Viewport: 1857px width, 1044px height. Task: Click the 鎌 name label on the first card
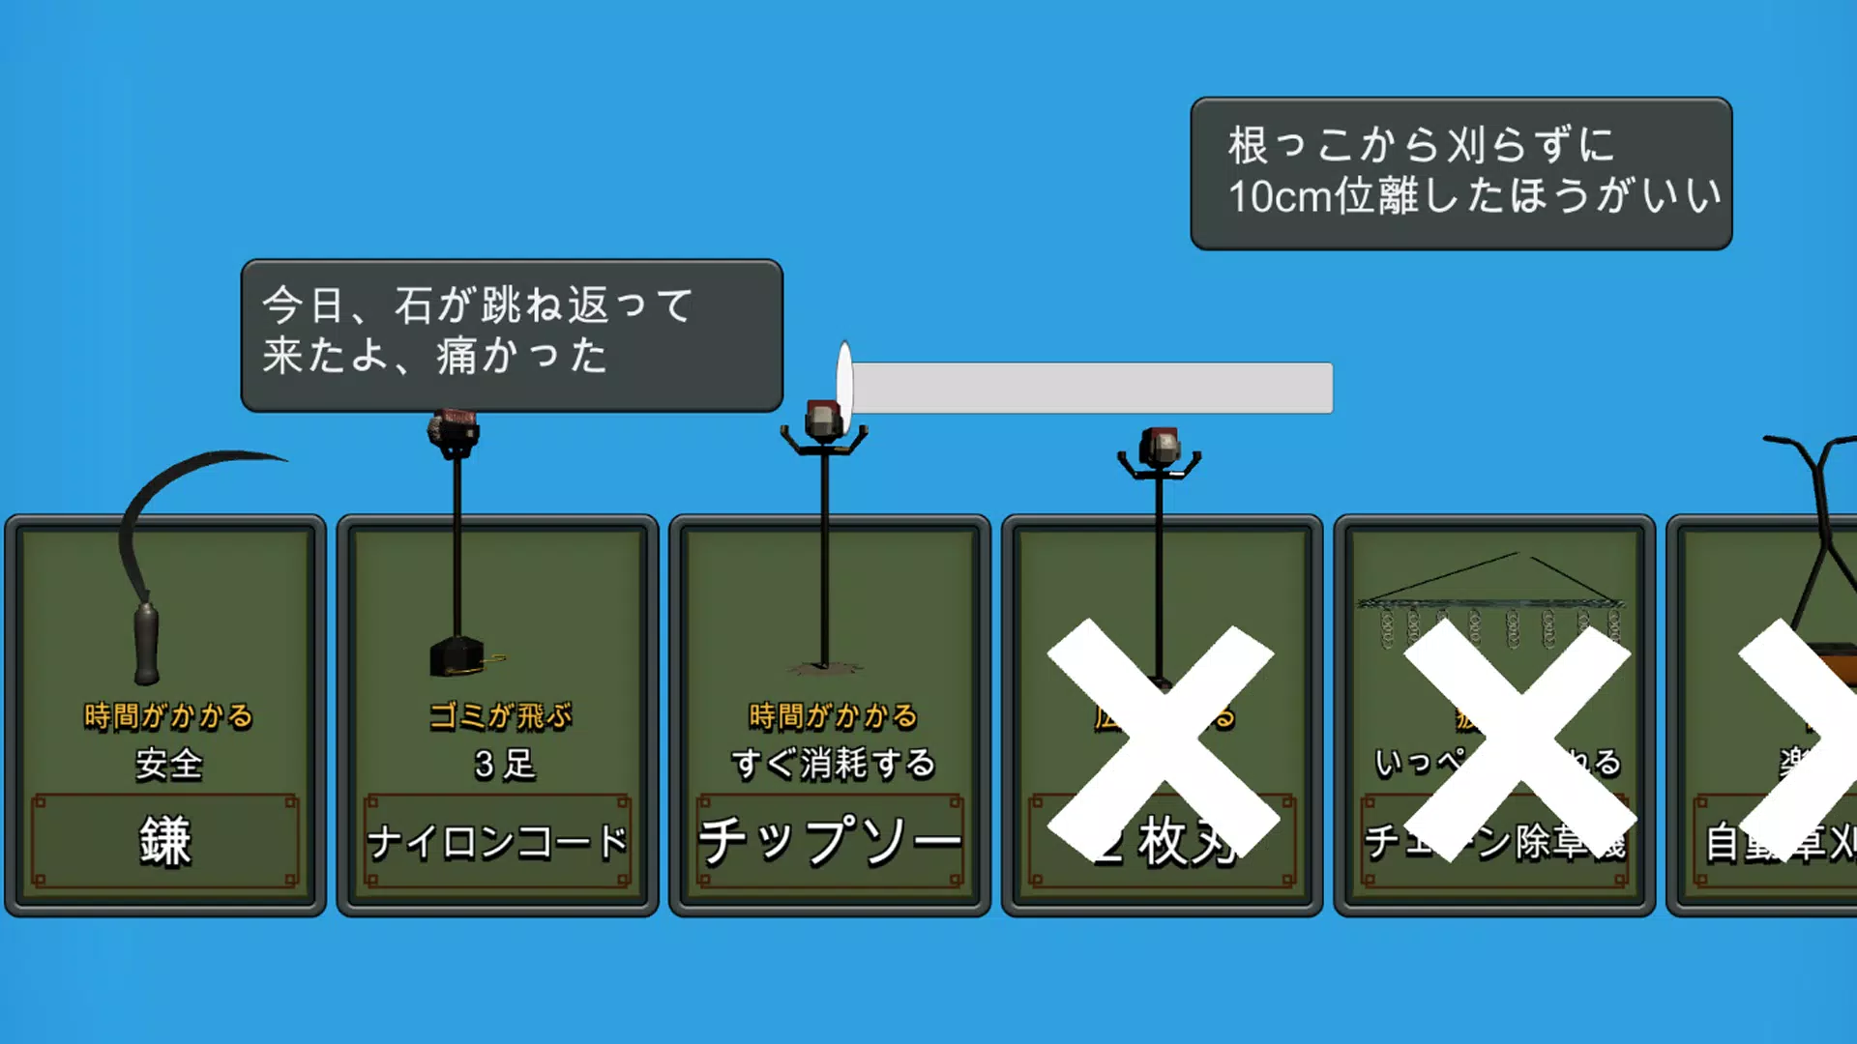coord(165,841)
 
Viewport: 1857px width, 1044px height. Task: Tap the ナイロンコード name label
coord(497,841)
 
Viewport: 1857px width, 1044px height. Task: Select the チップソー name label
coord(829,841)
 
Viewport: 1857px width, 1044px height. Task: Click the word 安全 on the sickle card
coord(168,764)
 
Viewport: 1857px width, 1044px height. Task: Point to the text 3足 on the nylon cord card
coord(504,764)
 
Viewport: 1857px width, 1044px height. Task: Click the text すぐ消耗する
coord(833,764)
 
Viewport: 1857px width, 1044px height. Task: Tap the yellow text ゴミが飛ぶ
coord(500,716)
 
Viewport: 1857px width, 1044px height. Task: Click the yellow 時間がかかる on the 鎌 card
coord(168,716)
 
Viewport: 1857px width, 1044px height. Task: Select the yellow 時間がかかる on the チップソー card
coord(833,716)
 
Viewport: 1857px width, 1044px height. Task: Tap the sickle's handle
coord(146,643)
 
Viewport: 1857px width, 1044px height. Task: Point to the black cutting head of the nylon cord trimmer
coord(457,656)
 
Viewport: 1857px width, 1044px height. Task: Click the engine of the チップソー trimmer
coord(823,421)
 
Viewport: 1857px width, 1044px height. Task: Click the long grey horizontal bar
coord(1091,388)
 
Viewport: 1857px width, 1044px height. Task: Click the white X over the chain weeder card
coord(1518,739)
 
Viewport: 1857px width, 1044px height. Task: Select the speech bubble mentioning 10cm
coord(1460,173)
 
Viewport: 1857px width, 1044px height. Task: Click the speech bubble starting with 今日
coord(511,334)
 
